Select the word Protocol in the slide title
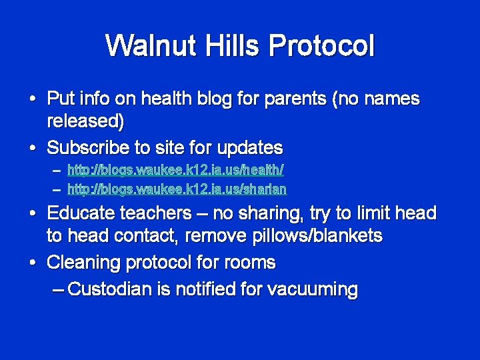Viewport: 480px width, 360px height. click(x=321, y=46)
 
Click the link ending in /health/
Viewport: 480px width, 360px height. click(x=176, y=171)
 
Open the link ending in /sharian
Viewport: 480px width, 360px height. click(x=177, y=189)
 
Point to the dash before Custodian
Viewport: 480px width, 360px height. click(x=58, y=289)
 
